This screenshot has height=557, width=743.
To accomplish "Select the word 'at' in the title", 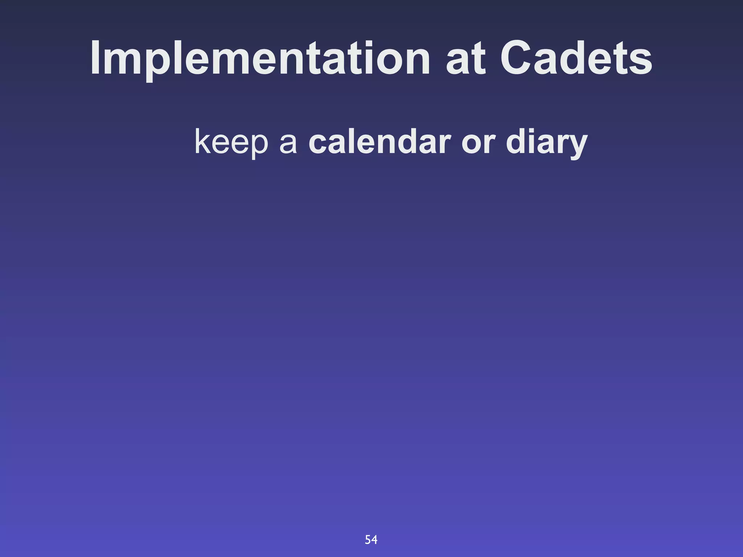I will [465, 60].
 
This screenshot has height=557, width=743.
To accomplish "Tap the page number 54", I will [371, 540].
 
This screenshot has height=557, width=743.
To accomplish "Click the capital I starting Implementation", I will [95, 58].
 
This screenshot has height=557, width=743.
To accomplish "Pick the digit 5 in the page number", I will [368, 540].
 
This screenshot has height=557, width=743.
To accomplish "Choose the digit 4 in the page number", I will [374, 540].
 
